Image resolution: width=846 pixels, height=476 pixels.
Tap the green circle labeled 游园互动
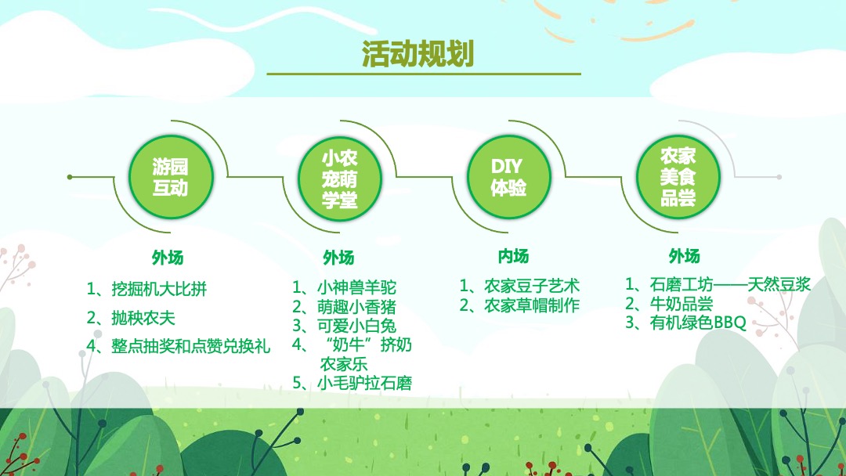point(170,177)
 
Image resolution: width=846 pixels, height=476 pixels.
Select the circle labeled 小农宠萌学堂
point(339,177)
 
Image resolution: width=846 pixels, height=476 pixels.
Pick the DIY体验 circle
point(508,177)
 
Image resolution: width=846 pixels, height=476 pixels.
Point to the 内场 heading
point(513,256)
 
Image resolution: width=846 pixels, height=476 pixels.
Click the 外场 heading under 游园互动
point(168,258)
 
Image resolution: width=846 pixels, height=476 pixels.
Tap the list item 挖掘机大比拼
point(159,289)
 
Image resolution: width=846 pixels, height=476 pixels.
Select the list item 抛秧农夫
point(143,317)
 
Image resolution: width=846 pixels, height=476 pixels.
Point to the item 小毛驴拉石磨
point(364,383)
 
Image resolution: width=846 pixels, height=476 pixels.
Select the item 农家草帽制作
point(531,305)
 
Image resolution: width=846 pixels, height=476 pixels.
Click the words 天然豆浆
point(779,284)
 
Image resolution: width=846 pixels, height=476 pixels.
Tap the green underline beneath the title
point(424,74)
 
